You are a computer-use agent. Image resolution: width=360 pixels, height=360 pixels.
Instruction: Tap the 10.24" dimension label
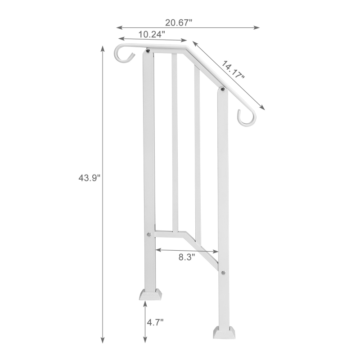pos(151,33)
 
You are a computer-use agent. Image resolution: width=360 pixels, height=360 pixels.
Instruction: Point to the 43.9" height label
pos(89,177)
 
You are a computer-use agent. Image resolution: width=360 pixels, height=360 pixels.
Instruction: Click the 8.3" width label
pos(186,257)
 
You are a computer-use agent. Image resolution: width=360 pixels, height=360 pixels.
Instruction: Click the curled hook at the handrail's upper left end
pos(123,53)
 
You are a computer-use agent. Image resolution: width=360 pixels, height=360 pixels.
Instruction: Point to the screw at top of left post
pos(148,52)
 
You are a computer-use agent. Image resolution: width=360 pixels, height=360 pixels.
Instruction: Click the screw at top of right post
pos(222,90)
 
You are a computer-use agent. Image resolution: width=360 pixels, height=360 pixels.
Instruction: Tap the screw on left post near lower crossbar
pos(148,234)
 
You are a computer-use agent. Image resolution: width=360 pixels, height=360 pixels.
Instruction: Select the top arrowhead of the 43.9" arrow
pos(103,49)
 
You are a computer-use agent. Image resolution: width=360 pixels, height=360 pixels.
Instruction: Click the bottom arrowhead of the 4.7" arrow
pos(145,341)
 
